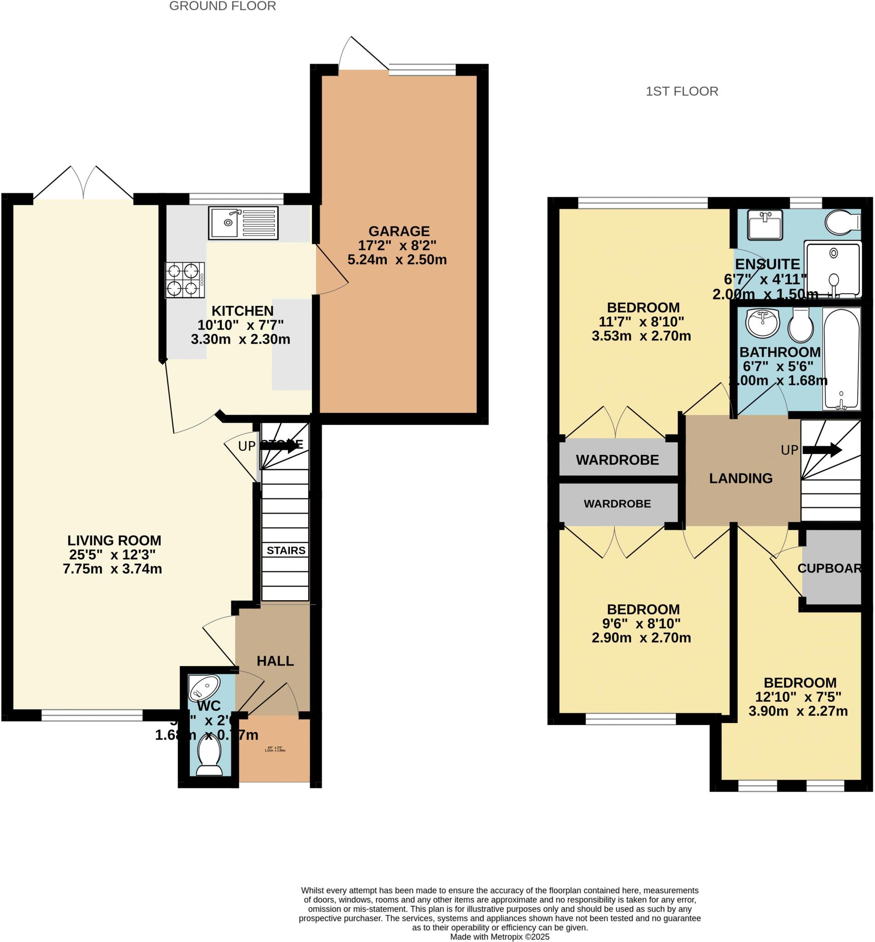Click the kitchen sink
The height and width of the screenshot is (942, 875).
pos(243,223)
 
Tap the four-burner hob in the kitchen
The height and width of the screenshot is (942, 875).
pos(184,280)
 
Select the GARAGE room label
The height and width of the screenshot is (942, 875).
pos(399,231)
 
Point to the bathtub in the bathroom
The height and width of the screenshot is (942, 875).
pos(841,358)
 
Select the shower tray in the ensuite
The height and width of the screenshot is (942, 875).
pos(832,269)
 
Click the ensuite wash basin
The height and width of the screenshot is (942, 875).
pos(765,224)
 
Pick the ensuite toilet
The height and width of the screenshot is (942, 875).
pos(841,222)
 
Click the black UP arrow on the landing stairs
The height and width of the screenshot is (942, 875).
pos(822,450)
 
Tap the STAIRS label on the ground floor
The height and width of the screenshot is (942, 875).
pos(286,550)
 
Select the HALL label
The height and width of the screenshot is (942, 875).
pos(275,661)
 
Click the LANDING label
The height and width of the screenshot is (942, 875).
pos(741,478)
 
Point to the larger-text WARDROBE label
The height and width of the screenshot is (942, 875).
pos(617,460)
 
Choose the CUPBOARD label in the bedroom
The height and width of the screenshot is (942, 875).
pos(829,568)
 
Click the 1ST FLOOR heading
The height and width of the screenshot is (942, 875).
pos(681,91)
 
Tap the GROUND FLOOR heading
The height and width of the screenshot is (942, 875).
pos(222,6)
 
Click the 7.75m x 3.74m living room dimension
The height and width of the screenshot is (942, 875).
pos(112,569)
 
